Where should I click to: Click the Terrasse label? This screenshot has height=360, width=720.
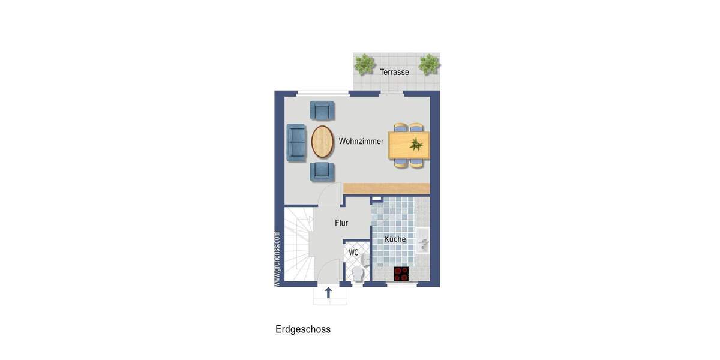coord(394,72)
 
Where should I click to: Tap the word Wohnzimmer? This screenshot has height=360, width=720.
coord(361,142)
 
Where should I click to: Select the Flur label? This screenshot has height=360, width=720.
coord(341,223)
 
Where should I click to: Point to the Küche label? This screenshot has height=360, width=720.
coord(395,239)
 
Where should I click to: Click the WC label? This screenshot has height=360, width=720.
coord(354,253)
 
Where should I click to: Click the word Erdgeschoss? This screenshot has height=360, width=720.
coord(303,329)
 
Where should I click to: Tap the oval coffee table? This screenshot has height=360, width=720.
coord(322,142)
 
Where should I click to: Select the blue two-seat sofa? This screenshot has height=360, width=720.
coord(296,142)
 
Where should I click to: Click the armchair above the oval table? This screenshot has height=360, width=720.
coord(322,110)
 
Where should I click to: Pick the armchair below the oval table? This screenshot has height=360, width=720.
coord(322,172)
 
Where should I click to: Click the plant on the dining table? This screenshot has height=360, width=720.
coord(415,143)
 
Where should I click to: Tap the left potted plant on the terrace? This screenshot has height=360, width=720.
coord(364,64)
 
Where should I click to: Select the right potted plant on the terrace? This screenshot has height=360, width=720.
coord(429,64)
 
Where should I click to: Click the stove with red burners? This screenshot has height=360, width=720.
coord(401,274)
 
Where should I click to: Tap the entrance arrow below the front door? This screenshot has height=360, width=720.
coord(328,293)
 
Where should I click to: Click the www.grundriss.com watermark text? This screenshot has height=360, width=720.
coord(277,259)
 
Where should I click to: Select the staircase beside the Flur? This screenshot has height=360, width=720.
coord(298,243)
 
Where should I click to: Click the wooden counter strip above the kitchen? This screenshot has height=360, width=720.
coord(387,188)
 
